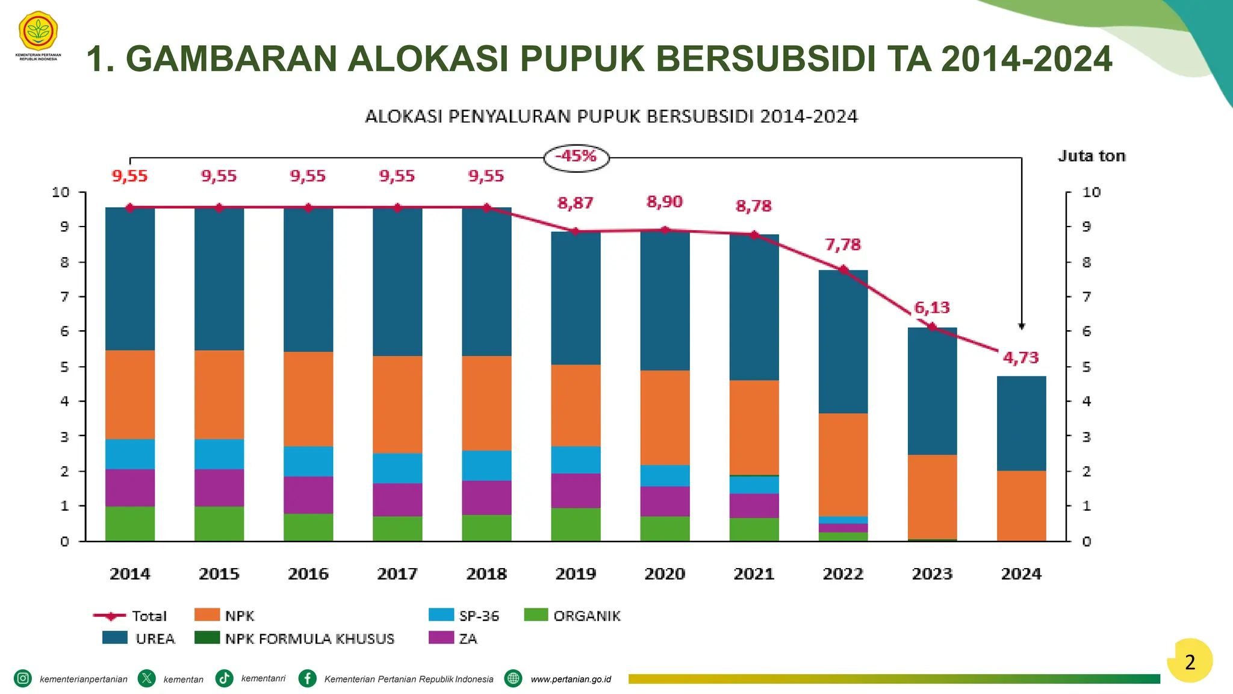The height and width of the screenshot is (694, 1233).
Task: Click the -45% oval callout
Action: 576,157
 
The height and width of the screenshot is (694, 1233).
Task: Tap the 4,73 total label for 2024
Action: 1020,358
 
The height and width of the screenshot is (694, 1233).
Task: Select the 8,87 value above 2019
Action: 576,203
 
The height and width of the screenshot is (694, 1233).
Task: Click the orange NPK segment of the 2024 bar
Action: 1021,506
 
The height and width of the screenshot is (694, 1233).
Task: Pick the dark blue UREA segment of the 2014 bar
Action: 130,279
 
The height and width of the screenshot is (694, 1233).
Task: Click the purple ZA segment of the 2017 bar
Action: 397,499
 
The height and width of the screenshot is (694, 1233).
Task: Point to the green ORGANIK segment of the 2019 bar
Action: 576,524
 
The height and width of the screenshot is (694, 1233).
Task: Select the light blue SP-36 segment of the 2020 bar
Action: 665,475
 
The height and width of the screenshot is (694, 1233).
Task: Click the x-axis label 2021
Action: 754,574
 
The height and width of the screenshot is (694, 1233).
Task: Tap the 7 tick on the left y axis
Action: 64,296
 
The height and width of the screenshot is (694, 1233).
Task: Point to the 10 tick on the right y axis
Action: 1091,192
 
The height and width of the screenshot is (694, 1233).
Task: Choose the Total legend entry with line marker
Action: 129,616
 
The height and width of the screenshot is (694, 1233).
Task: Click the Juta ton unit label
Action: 1092,156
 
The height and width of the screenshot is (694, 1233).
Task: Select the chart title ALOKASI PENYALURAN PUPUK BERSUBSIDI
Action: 611,116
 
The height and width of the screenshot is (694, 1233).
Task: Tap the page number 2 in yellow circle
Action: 1190,662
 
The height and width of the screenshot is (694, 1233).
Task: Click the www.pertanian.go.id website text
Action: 570,679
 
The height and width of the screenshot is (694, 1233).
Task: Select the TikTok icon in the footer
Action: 225,678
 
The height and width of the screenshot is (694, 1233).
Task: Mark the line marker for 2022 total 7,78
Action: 843,270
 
